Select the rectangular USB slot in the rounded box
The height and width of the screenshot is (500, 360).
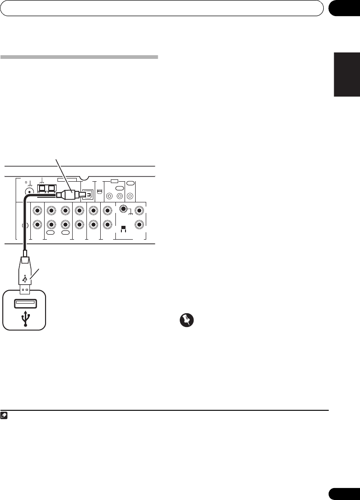pos(25,303)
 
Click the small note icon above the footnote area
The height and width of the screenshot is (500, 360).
pos(4,415)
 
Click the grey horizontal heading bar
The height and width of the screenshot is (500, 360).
pos(79,57)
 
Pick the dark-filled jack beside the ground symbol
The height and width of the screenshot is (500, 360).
pos(123,208)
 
